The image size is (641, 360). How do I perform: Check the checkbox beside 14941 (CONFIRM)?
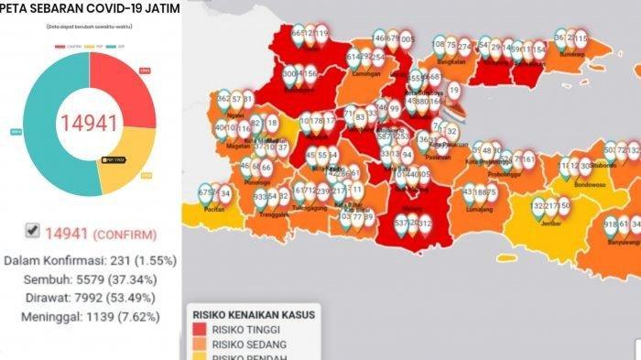pyautogui.click(x=32, y=232)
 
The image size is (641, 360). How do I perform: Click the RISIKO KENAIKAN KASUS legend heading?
pyautogui.click(x=252, y=314)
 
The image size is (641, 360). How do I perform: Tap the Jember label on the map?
pyautogui.click(x=551, y=224)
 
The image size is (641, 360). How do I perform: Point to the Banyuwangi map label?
pyautogui.click(x=618, y=244)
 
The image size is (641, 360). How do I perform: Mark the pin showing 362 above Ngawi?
pyautogui.click(x=224, y=99)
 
